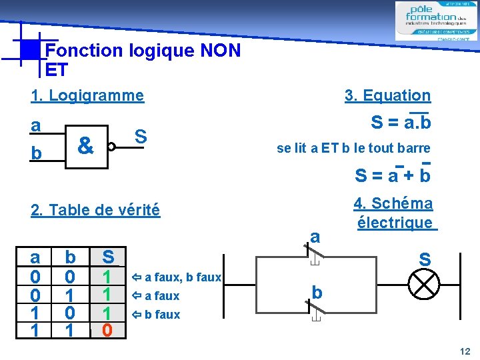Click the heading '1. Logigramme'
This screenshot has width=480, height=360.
click(x=87, y=95)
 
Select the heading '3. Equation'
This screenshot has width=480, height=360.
click(x=387, y=96)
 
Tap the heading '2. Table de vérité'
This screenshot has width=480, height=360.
click(x=95, y=211)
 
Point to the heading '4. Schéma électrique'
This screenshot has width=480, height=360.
click(x=395, y=213)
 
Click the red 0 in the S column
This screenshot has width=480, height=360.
click(x=107, y=329)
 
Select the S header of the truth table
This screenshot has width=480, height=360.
click(x=108, y=257)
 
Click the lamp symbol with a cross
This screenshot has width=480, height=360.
click(x=423, y=285)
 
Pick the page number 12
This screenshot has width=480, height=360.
click(x=465, y=351)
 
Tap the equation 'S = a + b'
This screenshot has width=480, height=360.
click(x=393, y=175)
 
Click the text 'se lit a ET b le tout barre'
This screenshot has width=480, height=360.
click(x=353, y=148)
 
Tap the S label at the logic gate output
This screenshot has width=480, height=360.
click(x=141, y=135)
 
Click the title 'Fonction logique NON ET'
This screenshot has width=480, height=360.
click(x=142, y=59)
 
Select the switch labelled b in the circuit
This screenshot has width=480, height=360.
click(x=313, y=308)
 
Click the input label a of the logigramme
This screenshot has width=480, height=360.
click(x=35, y=125)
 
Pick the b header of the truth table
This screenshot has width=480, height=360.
click(x=70, y=257)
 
